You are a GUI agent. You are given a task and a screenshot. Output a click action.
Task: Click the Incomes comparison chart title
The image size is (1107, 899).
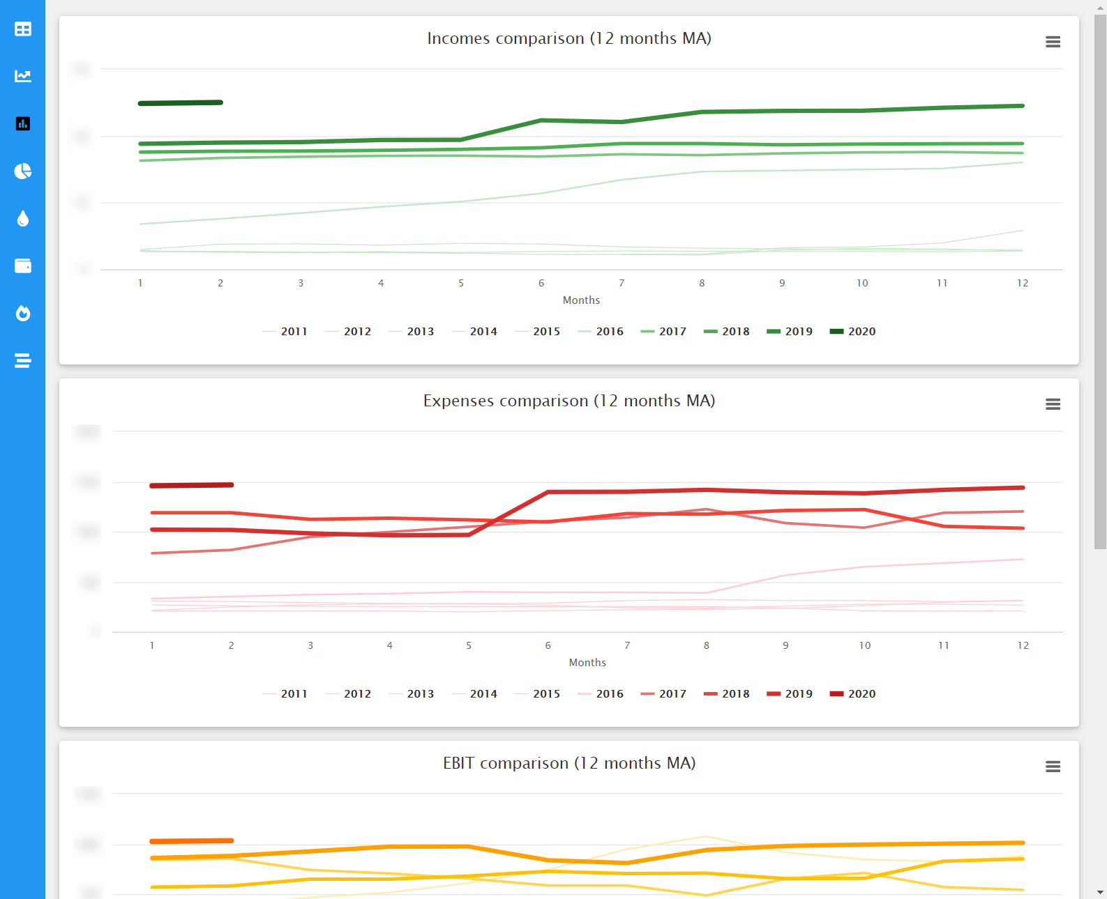coord(569,38)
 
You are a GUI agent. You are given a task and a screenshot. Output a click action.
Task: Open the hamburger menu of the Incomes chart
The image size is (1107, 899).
coord(1053,42)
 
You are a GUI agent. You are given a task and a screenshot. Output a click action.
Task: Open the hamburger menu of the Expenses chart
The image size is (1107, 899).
coord(1053,404)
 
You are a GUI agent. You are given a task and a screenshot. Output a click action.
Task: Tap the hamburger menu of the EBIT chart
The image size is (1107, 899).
coord(1053,767)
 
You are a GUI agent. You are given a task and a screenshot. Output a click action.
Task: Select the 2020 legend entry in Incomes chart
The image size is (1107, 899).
coord(853,332)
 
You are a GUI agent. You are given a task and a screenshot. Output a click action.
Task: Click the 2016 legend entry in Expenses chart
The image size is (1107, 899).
coord(601,694)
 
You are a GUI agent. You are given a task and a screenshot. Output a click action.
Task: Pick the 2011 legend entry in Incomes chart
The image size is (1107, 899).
coord(285,332)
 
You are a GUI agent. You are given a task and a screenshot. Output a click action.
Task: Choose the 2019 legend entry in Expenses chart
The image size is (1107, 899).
coord(790,694)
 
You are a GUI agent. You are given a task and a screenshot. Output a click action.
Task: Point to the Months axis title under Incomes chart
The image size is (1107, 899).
coord(581,300)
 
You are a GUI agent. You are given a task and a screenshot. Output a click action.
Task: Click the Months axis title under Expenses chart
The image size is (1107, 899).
coord(587,663)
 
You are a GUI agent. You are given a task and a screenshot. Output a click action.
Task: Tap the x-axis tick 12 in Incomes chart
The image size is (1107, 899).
coord(1023,283)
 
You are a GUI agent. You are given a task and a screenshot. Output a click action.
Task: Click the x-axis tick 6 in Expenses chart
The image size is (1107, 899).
coord(548,645)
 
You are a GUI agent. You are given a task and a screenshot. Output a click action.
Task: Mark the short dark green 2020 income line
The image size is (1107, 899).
coord(180,103)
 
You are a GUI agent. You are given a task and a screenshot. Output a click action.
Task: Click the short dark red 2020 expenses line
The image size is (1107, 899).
coord(191,485)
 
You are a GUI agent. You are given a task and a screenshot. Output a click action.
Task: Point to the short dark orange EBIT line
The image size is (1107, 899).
coord(191,841)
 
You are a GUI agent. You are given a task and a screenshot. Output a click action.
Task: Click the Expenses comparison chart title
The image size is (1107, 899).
coord(569,401)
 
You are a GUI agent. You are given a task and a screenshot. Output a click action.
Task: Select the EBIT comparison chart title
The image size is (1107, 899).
coord(569,763)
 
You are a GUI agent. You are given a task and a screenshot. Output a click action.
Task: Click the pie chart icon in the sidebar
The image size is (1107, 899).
coord(23,171)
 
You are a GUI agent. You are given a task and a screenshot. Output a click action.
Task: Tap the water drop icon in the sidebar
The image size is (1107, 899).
coord(23,219)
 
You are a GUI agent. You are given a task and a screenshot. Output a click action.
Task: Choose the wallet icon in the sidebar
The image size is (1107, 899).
coord(23,266)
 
